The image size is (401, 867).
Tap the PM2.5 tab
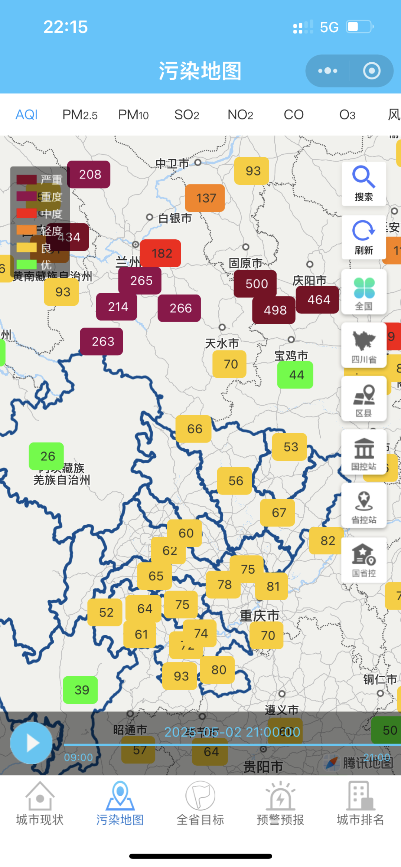(x=80, y=115)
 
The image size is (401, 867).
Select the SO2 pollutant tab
(x=186, y=115)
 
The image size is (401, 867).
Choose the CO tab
(x=293, y=115)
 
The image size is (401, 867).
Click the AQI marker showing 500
(x=256, y=284)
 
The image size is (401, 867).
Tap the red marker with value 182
(x=162, y=253)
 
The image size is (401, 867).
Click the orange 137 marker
(x=206, y=198)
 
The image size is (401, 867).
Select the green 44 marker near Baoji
(x=296, y=375)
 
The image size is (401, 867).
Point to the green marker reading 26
(x=47, y=456)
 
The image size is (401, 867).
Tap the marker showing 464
(x=318, y=299)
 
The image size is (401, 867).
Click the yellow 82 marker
(x=327, y=541)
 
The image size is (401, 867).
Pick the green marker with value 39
(x=81, y=690)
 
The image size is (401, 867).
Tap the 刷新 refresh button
(x=363, y=237)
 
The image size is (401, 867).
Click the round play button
(x=32, y=743)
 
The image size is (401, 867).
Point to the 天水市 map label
(x=222, y=343)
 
